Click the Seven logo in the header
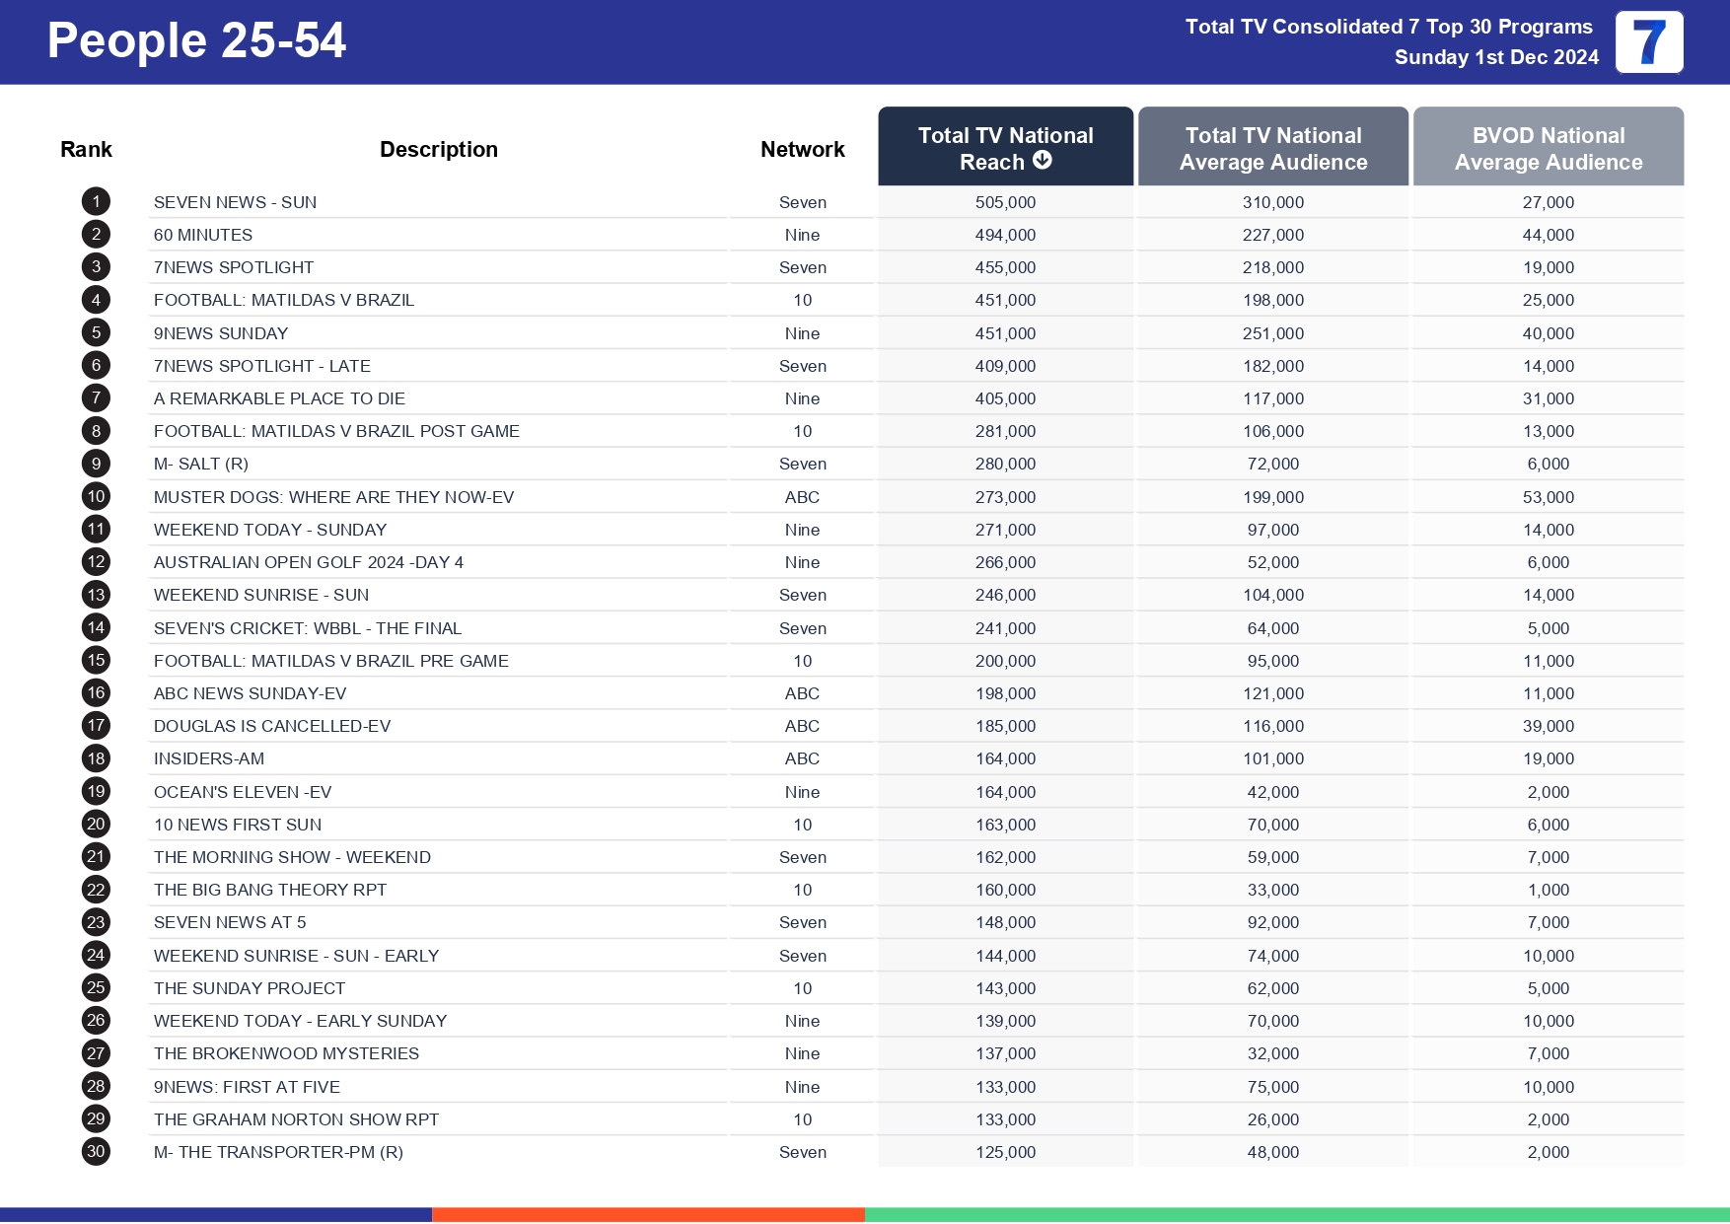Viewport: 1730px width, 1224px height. [1648, 42]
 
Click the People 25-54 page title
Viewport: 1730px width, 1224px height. [196, 41]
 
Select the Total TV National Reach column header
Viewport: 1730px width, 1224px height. [1005, 148]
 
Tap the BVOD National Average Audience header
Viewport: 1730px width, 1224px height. [1548, 148]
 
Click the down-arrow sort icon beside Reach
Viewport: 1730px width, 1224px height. [1043, 161]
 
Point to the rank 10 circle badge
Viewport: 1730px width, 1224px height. [96, 497]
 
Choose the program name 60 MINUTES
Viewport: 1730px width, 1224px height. [203, 235]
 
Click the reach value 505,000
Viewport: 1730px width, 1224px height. [1005, 202]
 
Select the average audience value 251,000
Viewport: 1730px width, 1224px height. [1272, 333]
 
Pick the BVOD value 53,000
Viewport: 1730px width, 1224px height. [1548, 497]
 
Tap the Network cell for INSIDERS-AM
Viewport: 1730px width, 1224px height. [802, 758]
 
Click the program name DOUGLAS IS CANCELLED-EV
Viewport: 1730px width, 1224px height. [272, 726]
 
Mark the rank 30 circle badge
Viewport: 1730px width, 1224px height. [96, 1152]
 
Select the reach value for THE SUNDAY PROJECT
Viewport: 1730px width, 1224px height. [1005, 988]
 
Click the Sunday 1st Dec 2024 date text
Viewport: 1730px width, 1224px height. [1495, 57]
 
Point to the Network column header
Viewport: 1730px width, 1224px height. [802, 149]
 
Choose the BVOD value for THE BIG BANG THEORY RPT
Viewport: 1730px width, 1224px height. [1548, 890]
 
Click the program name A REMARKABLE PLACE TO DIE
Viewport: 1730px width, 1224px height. [279, 398]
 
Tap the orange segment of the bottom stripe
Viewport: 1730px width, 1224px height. [648, 1215]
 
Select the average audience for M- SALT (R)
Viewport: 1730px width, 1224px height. [1272, 464]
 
